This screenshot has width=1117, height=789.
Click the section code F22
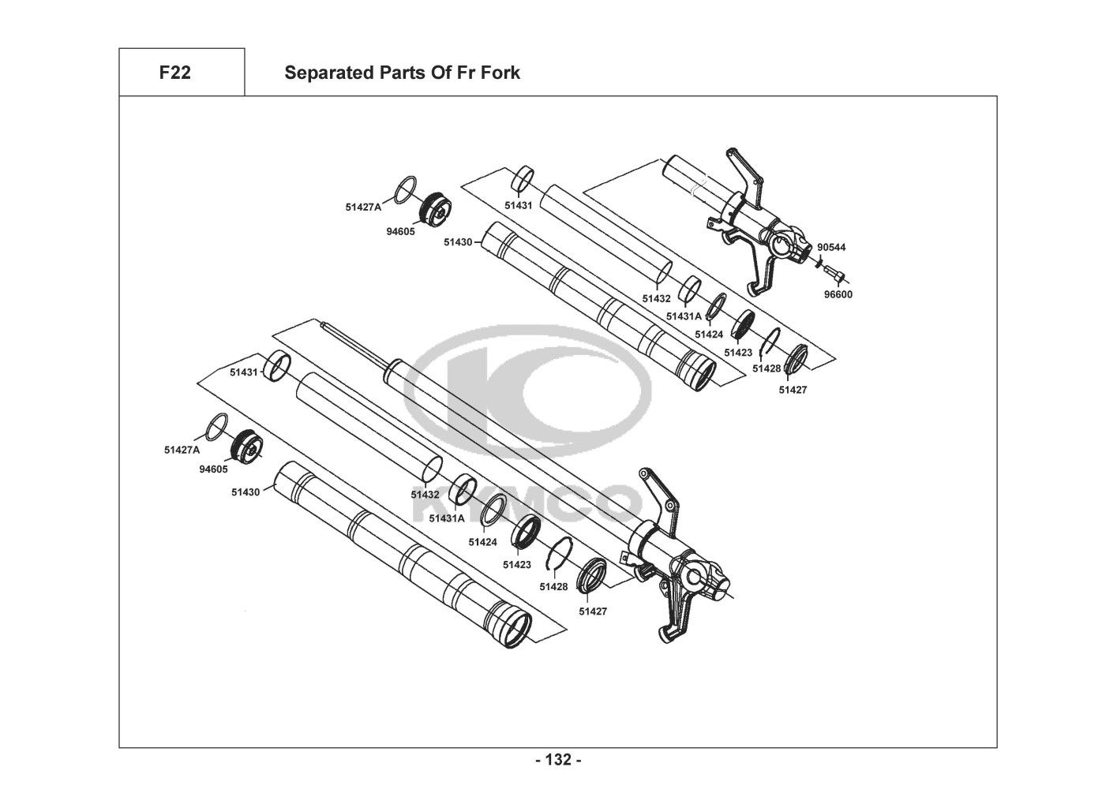pyautogui.click(x=174, y=73)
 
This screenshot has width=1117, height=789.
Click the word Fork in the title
pyautogui.click(x=500, y=73)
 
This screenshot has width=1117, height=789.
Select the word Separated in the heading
pyautogui.click(x=330, y=73)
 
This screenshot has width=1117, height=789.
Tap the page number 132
pyautogui.click(x=558, y=760)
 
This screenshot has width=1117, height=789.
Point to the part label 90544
pyautogui.click(x=831, y=247)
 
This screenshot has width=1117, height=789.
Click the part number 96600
pyautogui.click(x=838, y=294)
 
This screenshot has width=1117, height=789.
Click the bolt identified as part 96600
pyautogui.click(x=834, y=273)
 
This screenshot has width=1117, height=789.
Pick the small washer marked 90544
pyautogui.click(x=818, y=262)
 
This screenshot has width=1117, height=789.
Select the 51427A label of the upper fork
pyautogui.click(x=363, y=208)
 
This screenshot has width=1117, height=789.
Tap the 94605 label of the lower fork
pyautogui.click(x=213, y=469)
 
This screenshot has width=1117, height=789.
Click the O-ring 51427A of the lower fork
pyautogui.click(x=216, y=427)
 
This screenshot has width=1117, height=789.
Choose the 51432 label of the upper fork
pyautogui.click(x=656, y=298)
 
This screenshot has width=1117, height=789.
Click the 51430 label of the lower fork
pyautogui.click(x=246, y=492)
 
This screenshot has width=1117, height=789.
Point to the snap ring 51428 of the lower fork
pyautogui.click(x=560, y=553)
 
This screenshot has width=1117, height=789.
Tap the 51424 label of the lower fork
pyautogui.click(x=482, y=542)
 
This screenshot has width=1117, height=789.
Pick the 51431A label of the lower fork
pyautogui.click(x=447, y=518)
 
